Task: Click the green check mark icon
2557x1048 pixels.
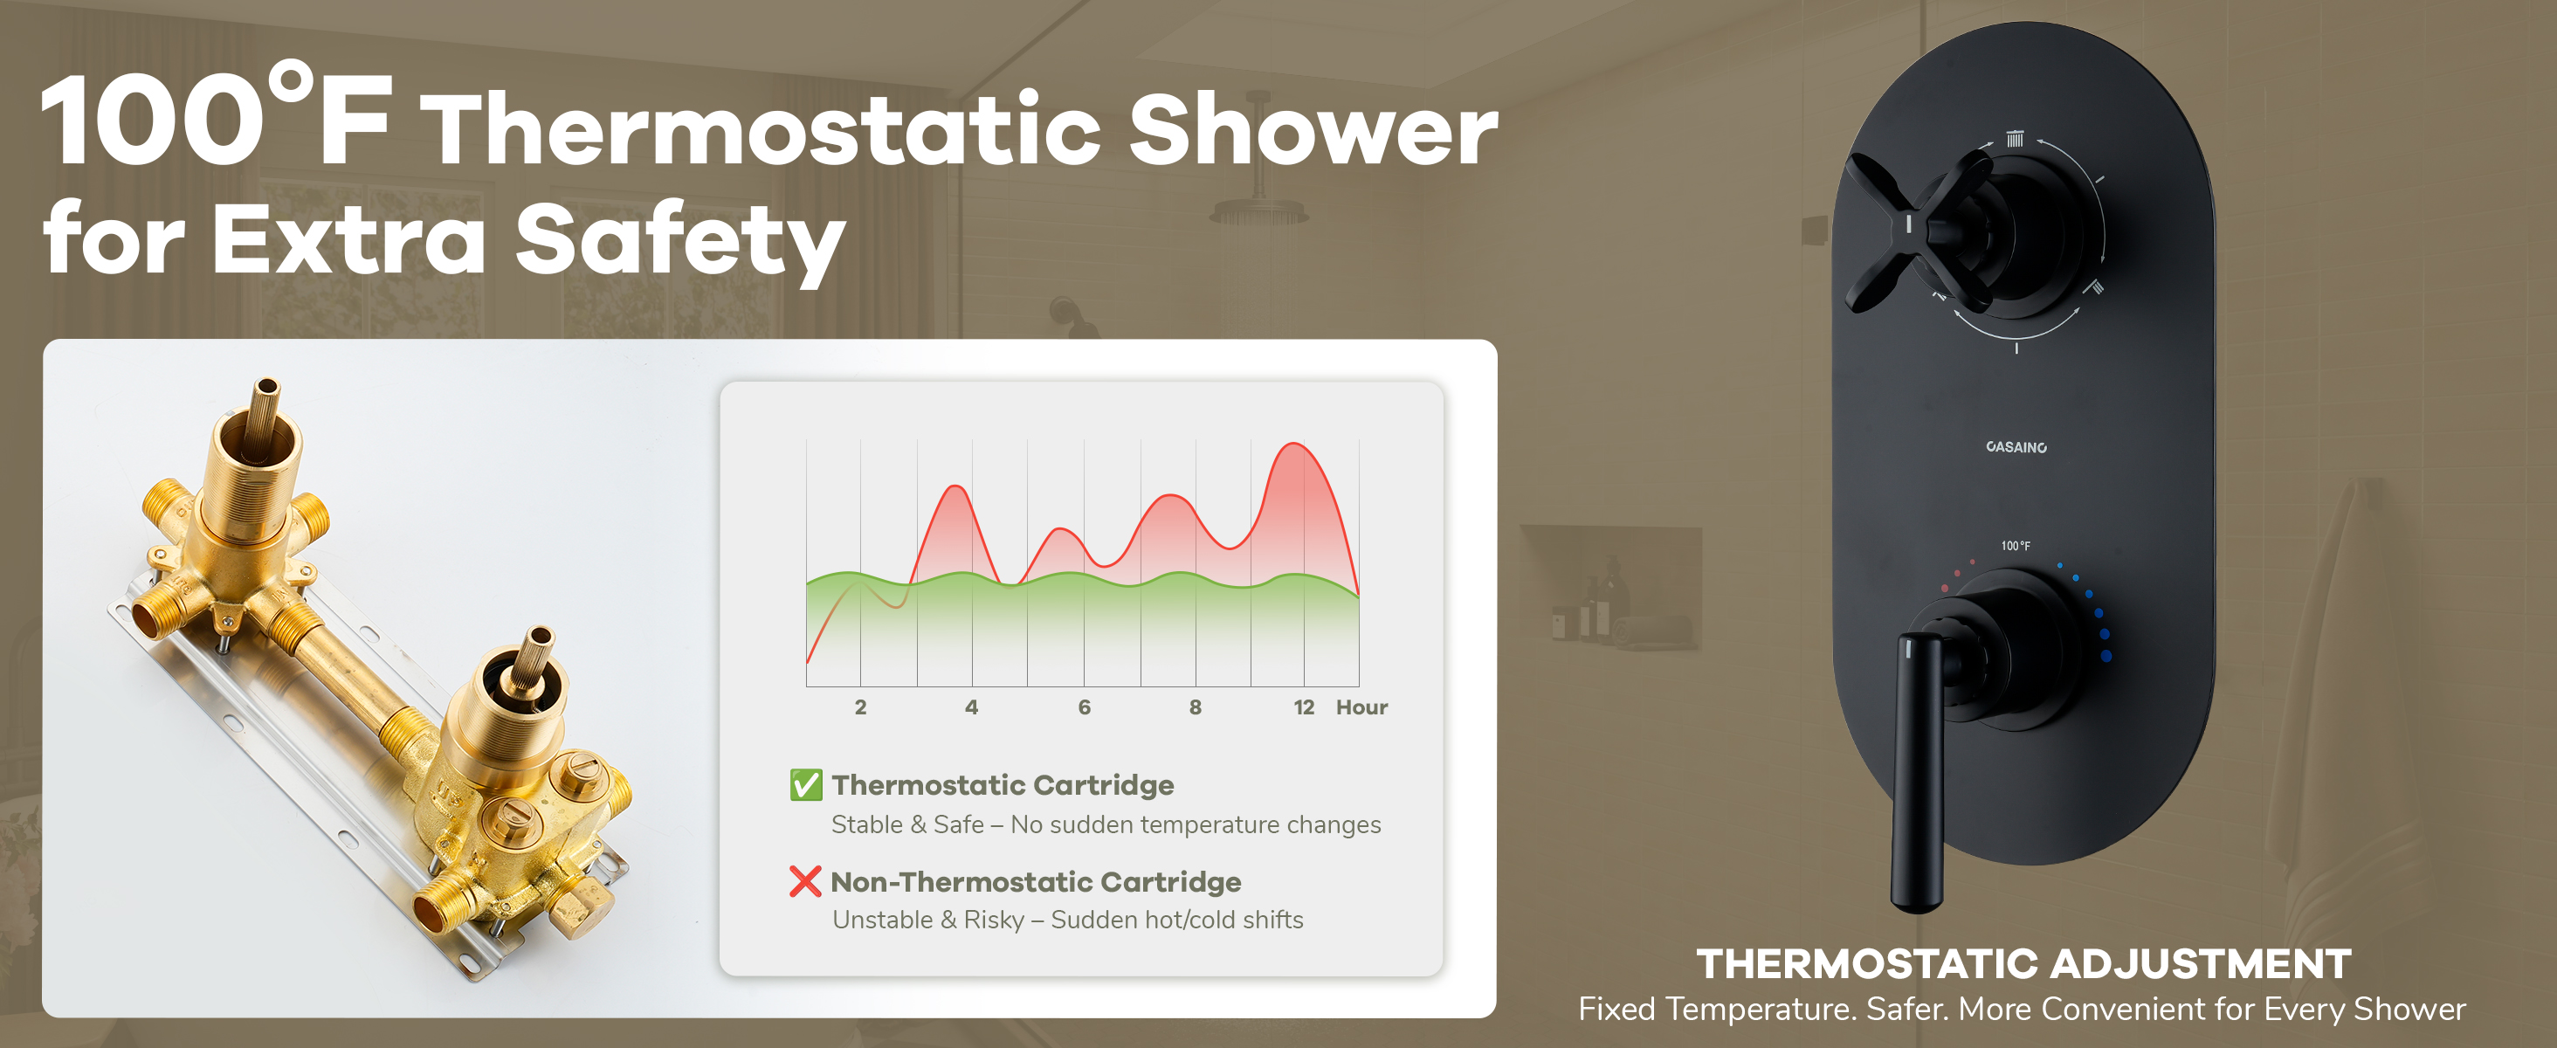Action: point(806,784)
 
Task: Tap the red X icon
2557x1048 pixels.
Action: point(805,881)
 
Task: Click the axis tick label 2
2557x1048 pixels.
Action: point(860,707)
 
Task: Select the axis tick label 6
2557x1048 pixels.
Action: point(1084,707)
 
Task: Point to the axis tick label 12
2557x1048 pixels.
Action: point(1303,707)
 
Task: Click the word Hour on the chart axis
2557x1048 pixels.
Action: point(1361,707)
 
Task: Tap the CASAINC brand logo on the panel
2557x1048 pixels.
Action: point(2016,446)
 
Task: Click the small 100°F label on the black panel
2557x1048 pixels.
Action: point(2015,546)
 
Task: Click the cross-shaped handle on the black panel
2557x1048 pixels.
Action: point(1920,231)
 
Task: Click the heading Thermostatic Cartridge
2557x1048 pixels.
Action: point(1003,785)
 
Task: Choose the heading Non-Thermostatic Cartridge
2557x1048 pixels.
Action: point(1036,881)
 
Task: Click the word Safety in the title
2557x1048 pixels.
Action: point(680,239)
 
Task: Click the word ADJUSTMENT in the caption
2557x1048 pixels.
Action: point(2201,963)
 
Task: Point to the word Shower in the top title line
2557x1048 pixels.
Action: point(1313,130)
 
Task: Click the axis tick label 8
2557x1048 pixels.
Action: point(1196,707)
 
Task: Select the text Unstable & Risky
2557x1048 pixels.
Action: point(928,920)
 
